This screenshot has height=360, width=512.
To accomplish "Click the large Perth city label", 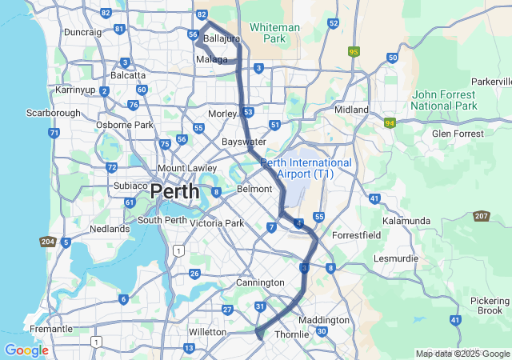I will coord(175,192).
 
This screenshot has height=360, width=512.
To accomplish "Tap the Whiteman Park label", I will coord(274,33).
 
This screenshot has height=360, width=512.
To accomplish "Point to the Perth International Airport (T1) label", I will coord(306,168).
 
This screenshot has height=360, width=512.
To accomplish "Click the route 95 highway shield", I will coord(354,51).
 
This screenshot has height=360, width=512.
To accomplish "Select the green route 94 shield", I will coord(390,123).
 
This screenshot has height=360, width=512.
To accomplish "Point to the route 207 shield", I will coord(481,216).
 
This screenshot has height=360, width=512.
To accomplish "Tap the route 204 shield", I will coord(46,242).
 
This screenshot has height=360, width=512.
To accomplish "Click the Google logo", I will coord(26,350).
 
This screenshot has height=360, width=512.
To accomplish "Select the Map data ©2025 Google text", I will coord(462,354).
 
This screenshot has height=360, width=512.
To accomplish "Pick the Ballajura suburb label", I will coord(222,38).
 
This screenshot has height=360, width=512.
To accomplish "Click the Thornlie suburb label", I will coord(290,334).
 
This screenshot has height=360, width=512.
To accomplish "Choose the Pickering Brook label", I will coord(489,304).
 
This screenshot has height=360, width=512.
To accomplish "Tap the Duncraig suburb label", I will coord(82,32).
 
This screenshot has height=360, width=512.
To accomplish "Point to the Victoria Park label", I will coord(217,223).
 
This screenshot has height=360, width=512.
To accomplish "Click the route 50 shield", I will coord(392,58).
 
